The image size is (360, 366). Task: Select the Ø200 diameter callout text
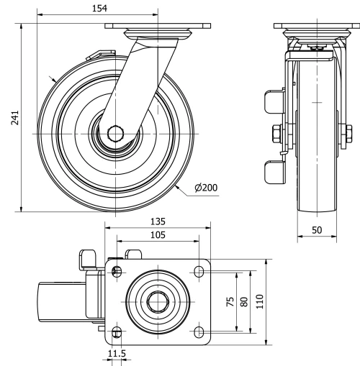[x=205, y=188]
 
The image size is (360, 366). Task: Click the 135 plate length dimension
[x=158, y=222]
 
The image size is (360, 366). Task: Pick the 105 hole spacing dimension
[x=158, y=234]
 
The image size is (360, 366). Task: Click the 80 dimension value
[x=244, y=301]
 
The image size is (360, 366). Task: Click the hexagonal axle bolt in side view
[x=115, y=134]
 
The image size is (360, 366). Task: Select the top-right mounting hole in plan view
[x=199, y=272]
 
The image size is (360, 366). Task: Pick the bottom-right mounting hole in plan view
[x=199, y=331]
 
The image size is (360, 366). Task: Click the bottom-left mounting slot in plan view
[x=116, y=331]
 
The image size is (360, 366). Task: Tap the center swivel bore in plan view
[x=158, y=302]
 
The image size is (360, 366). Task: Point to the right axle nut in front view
[x=348, y=133]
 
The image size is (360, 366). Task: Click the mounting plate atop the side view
[x=158, y=27]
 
